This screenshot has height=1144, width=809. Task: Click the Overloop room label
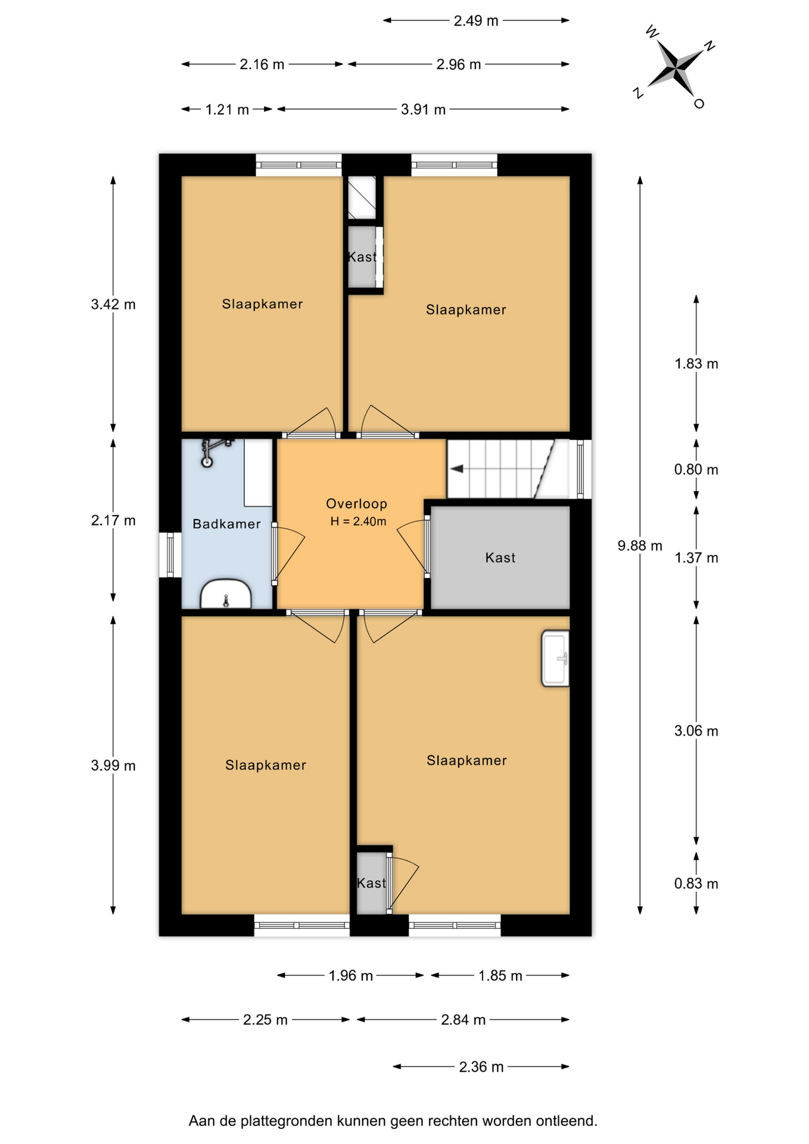coord(356,503)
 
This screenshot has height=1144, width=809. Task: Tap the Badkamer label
coord(226,524)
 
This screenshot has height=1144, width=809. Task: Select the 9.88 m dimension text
coord(640,545)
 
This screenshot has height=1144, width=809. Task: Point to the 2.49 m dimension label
coord(476,21)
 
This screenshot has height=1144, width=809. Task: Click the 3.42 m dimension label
coord(113,304)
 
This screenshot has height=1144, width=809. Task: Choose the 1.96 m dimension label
coord(351,975)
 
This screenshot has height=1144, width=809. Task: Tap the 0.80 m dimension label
coord(696,470)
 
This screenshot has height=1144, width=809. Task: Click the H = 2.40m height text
coord(358,521)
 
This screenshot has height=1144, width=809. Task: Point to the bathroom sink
coord(226,594)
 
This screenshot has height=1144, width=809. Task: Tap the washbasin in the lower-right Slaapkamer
coord(555,658)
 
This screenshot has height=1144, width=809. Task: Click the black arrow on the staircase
coord(456,469)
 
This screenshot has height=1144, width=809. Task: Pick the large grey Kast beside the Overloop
coord(500,558)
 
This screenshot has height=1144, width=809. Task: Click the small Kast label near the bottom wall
coord(371,883)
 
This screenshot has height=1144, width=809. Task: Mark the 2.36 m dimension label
coord(481,1067)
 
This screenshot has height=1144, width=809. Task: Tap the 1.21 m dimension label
coord(227,110)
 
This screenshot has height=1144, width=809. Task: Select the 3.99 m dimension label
coord(113,766)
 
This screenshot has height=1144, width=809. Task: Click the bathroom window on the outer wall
coord(170,555)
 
